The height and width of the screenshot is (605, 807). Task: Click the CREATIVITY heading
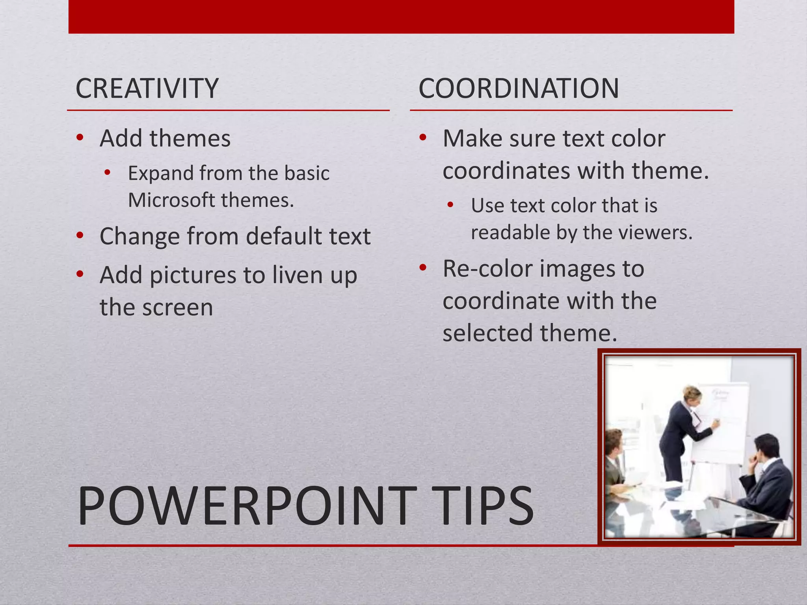click(x=147, y=88)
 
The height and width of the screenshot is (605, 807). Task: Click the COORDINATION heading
click(x=519, y=88)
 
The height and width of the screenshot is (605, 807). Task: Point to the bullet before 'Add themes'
click(x=80, y=137)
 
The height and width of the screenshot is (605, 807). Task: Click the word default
click(x=284, y=236)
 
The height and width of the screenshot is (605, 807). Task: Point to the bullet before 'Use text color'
click(x=451, y=205)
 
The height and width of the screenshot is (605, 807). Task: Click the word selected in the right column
click(x=488, y=333)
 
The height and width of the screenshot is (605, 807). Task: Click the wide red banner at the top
click(x=401, y=17)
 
